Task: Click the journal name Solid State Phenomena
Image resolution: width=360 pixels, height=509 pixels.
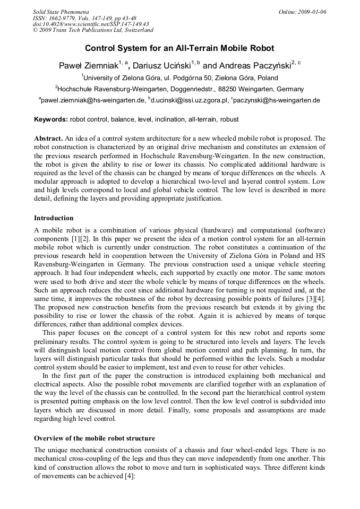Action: (x=61, y=11)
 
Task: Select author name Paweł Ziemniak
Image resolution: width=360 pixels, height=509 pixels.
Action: (x=88, y=66)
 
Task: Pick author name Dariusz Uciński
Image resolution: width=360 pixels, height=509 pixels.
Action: (x=161, y=66)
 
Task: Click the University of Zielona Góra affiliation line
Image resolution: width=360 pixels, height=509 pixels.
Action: (x=181, y=77)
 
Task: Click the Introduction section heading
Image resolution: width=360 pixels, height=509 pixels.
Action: (x=54, y=218)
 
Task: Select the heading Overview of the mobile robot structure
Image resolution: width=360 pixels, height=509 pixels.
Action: (x=95, y=438)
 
